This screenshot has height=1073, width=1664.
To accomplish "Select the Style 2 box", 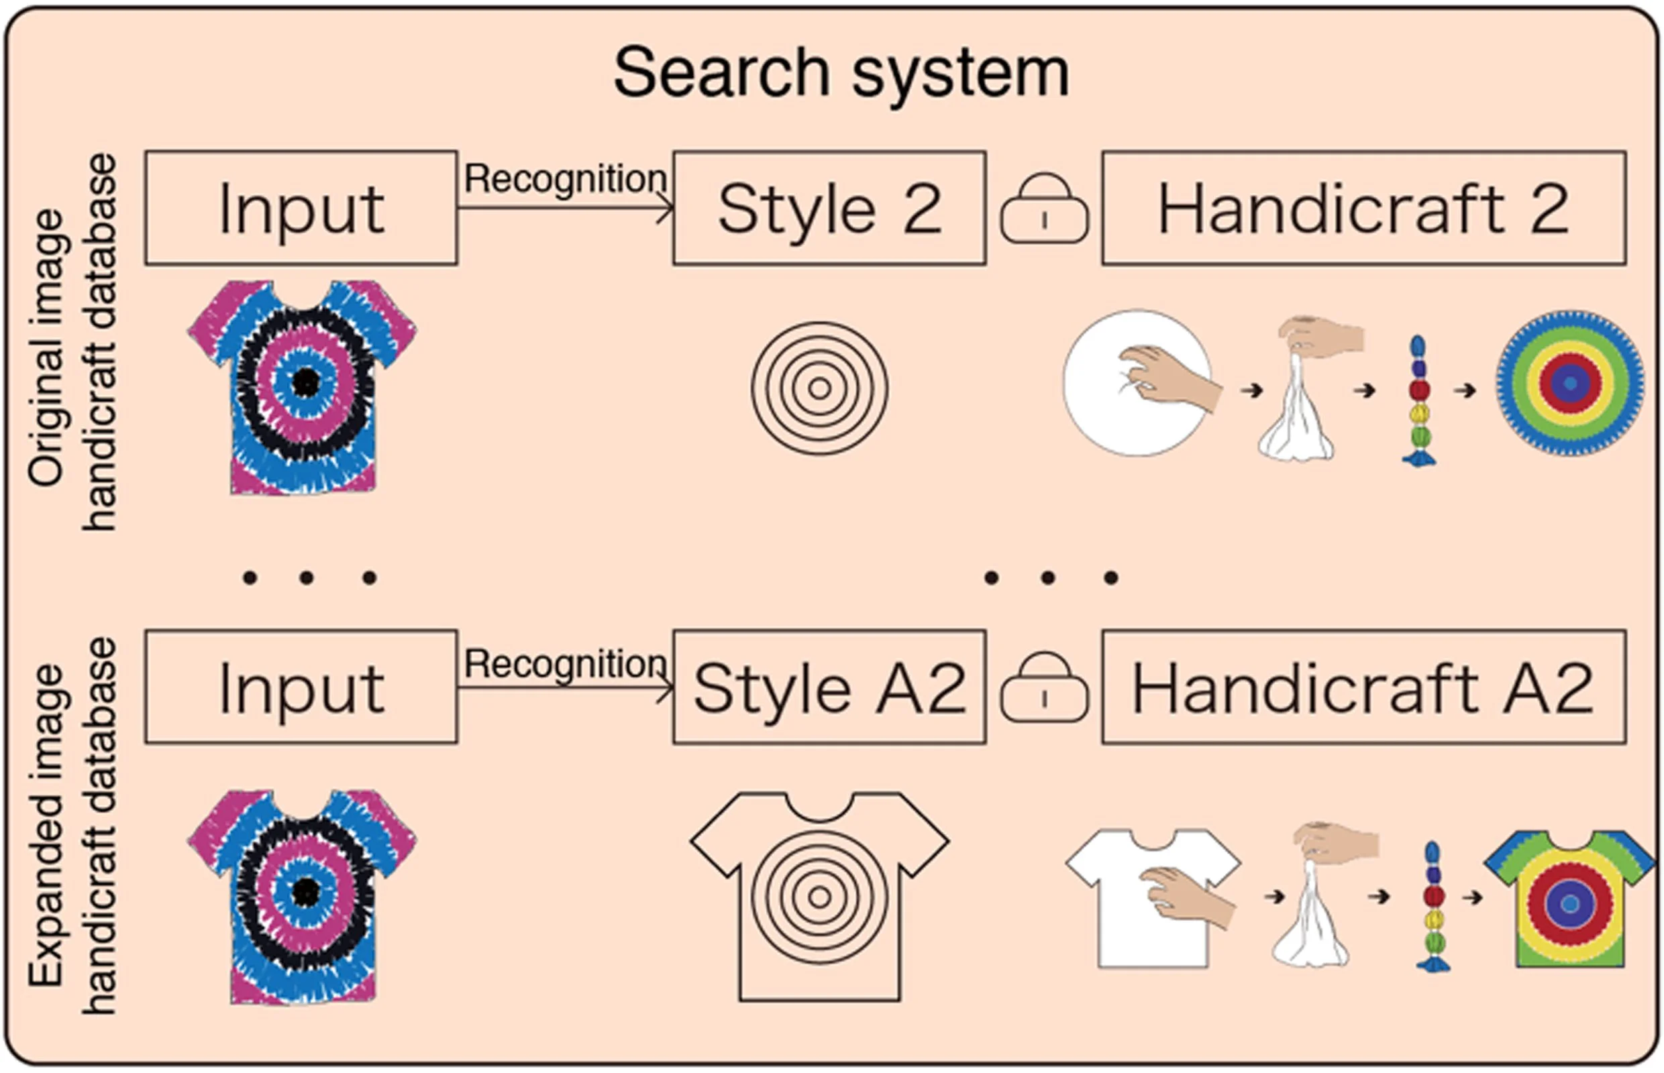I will (829, 209).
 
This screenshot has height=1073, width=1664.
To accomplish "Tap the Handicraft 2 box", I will (1363, 209).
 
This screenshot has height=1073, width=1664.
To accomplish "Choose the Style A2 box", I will (829, 687).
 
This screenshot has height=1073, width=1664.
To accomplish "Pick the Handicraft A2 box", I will (1363, 687).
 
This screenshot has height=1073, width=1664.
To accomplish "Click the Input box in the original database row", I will (301, 209).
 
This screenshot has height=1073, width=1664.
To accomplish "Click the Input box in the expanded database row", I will (301, 687).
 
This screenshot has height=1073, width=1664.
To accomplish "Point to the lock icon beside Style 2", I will (1043, 209).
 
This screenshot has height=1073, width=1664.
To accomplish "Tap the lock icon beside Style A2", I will (1043, 687).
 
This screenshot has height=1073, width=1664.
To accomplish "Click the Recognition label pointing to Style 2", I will (565, 178).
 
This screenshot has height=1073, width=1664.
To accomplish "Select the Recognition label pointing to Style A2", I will (565, 663).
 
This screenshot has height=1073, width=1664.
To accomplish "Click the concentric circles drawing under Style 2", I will (819, 388).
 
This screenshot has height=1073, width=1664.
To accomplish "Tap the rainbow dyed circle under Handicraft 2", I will (1569, 383).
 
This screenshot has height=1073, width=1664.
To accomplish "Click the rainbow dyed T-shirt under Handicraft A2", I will (1569, 899).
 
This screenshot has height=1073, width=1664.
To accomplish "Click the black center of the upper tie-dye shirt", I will (305, 382).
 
